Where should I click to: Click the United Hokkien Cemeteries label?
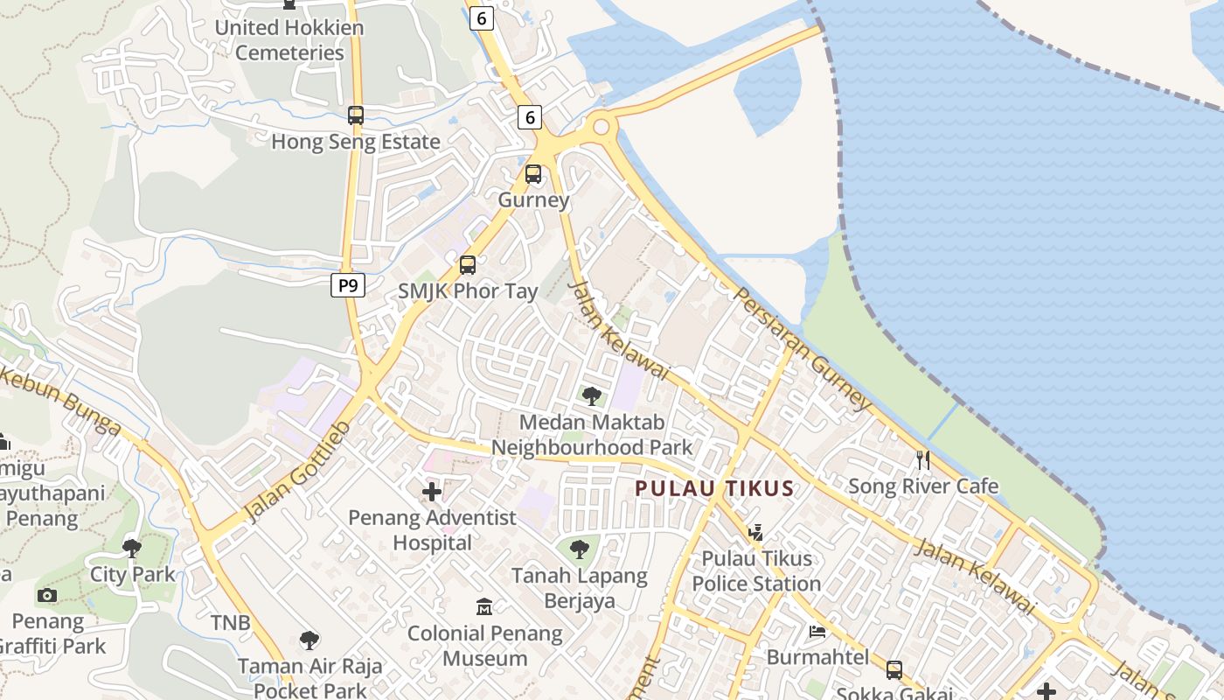point(279,39)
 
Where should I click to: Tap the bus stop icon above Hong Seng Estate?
point(356,115)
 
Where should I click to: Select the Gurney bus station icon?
point(533,174)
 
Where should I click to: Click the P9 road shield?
point(348,285)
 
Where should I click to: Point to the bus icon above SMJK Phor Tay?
point(468,264)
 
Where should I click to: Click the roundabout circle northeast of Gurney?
point(601,127)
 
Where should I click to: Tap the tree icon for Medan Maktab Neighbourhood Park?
point(592,396)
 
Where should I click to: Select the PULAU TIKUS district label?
point(714,488)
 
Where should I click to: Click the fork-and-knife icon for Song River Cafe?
point(922,459)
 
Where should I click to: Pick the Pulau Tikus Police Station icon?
point(756,532)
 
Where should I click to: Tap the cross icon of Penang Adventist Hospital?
point(432,492)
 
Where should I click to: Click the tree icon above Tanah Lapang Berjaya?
point(579,549)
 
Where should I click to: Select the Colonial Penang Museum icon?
point(484,606)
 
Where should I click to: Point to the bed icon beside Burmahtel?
point(817,631)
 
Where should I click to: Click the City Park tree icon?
point(132,549)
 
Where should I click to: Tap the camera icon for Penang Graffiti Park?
point(47,596)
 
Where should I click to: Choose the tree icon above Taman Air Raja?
point(309,640)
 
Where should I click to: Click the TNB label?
point(230,623)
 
